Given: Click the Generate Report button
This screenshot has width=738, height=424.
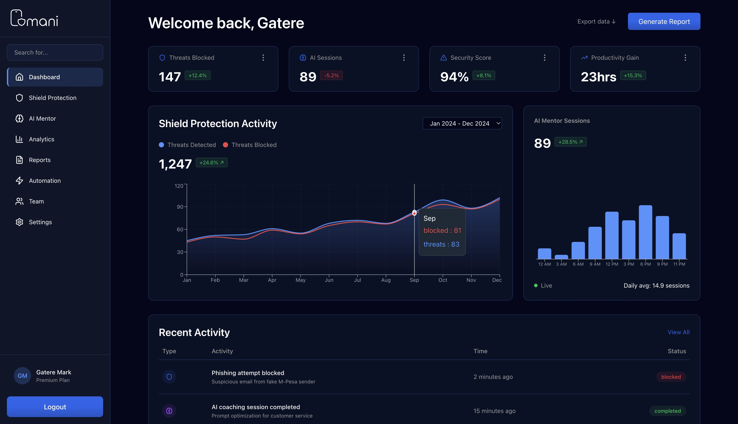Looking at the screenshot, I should [664, 21].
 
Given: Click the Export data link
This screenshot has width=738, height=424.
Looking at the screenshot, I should [596, 22].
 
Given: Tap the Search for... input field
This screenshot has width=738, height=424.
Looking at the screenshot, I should [55, 52].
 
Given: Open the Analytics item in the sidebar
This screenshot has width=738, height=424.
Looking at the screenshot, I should [41, 139].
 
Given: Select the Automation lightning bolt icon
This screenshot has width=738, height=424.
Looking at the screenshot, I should [19, 181].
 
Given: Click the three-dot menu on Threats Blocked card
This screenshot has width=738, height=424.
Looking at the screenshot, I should [263, 58].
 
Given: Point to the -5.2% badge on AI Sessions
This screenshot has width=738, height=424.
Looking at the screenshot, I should [331, 76].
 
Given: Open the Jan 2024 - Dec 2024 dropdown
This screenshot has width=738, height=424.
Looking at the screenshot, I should [462, 123].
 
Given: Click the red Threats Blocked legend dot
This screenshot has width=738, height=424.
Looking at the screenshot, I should [225, 145].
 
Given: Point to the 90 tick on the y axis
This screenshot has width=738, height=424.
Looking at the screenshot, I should [180, 207].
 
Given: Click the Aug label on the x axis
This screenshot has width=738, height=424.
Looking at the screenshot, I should [386, 280].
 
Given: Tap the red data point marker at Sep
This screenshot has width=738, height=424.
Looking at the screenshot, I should [414, 213].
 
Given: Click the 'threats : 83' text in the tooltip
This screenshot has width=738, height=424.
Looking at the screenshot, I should [441, 244].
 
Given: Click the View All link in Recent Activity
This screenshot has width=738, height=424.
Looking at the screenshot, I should [678, 332].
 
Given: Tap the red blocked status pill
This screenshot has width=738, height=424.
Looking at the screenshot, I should [671, 377].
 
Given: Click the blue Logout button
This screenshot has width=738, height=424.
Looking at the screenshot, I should [55, 407].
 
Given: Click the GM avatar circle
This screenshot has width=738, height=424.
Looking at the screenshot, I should [22, 376].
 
